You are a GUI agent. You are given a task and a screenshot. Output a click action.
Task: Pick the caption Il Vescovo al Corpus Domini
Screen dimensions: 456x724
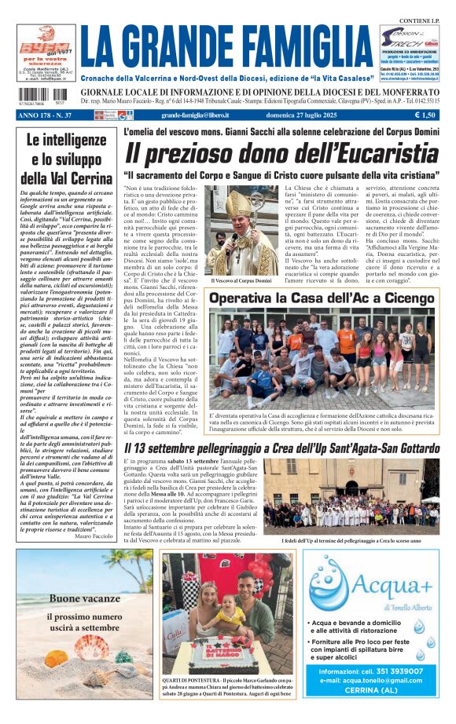(x=241, y=280)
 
